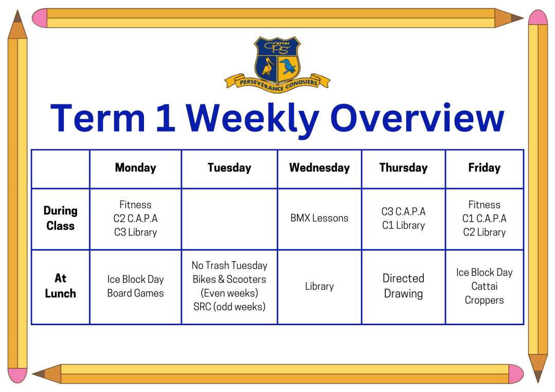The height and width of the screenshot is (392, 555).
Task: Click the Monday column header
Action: [136, 167]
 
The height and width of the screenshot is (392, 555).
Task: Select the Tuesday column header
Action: [229, 167]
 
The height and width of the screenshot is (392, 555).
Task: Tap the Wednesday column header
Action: [319, 167]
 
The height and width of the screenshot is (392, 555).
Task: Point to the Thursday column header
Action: [403, 167]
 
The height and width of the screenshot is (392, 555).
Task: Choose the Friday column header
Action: [485, 167]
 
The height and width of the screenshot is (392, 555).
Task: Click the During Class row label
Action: [61, 218]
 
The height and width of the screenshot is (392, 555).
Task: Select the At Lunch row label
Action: [61, 286]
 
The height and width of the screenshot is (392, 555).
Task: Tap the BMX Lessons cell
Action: [319, 218]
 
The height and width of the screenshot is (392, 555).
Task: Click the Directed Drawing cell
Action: [403, 286]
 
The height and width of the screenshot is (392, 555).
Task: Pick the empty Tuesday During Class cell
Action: [229, 219]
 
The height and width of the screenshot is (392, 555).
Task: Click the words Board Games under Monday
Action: [136, 293]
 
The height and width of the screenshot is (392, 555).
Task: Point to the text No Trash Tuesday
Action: [229, 266]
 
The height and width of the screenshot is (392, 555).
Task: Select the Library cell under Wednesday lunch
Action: [319, 286]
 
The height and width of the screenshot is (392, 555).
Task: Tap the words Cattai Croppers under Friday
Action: [485, 293]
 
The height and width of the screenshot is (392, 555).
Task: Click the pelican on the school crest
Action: [268, 66]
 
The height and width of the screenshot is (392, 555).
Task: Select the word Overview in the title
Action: [417, 118]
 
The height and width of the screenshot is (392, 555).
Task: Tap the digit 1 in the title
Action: [166, 118]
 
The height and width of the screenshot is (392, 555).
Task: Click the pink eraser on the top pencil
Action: [40, 18]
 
